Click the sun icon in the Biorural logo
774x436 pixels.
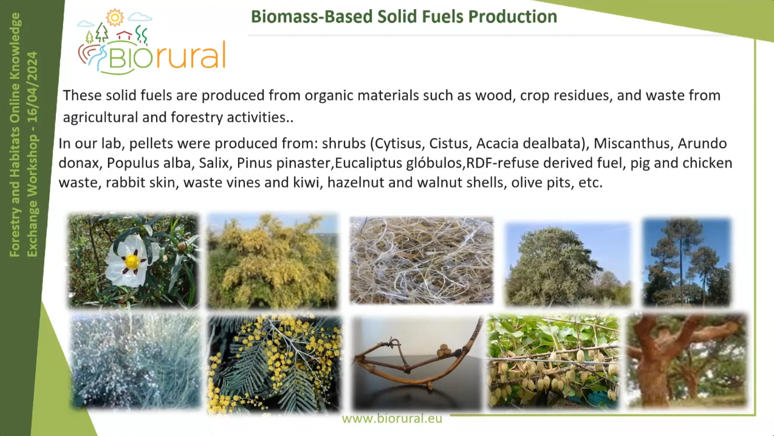115,17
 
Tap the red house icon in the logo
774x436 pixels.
125,35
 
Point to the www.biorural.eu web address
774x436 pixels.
392,418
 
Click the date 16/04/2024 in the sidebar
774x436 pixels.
32,87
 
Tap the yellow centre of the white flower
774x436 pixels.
132,262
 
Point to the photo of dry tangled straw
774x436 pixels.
422,261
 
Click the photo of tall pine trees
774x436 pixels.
687,262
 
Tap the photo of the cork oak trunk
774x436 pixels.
687,360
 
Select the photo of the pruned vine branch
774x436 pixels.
417,363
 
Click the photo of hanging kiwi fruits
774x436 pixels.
553,361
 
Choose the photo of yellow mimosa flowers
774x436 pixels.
275,364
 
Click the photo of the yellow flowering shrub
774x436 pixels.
273,261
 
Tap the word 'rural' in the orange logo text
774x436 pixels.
190,55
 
